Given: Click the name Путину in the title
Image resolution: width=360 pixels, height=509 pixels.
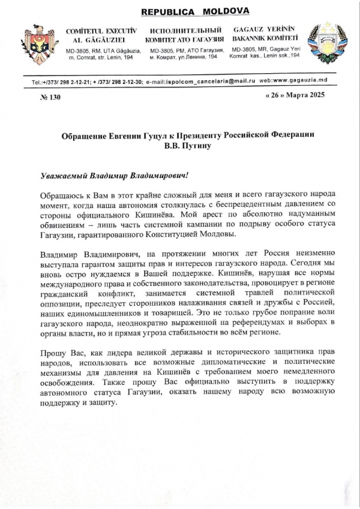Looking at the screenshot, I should pos(199,146).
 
